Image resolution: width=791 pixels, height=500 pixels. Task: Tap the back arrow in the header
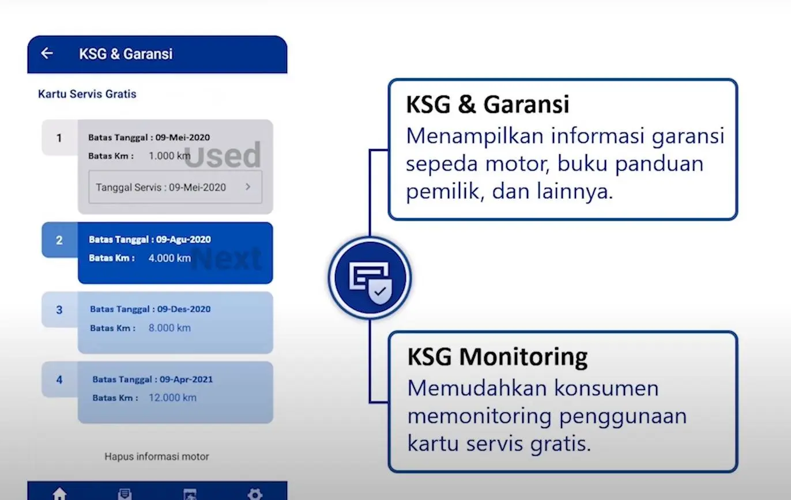47,53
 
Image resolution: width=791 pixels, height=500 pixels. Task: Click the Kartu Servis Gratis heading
87,94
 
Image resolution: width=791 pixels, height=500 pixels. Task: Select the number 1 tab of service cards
59,138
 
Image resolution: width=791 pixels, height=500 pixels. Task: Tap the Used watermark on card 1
223,155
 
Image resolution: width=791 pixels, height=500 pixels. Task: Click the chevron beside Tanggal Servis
248,187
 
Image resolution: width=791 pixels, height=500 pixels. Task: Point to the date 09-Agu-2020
183,240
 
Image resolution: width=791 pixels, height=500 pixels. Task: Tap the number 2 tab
59,240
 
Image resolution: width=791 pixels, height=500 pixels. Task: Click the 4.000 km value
169,258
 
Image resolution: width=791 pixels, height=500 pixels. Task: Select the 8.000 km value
169,328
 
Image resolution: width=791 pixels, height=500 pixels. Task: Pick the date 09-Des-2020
183,309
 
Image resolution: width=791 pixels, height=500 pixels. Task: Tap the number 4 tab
59,380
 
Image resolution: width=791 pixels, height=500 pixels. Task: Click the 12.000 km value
172,397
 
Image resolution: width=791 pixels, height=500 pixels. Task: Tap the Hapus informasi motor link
157,457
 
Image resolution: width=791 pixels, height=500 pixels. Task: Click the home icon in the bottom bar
59,493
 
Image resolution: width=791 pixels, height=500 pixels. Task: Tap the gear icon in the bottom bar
255,494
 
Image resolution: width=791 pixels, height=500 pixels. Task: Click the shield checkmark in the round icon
380,292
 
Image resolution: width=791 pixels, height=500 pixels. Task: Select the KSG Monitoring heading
497,357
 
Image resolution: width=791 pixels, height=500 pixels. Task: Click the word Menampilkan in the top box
474,137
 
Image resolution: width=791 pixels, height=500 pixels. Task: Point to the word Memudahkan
477,388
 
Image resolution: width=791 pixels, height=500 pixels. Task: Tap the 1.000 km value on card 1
169,156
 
